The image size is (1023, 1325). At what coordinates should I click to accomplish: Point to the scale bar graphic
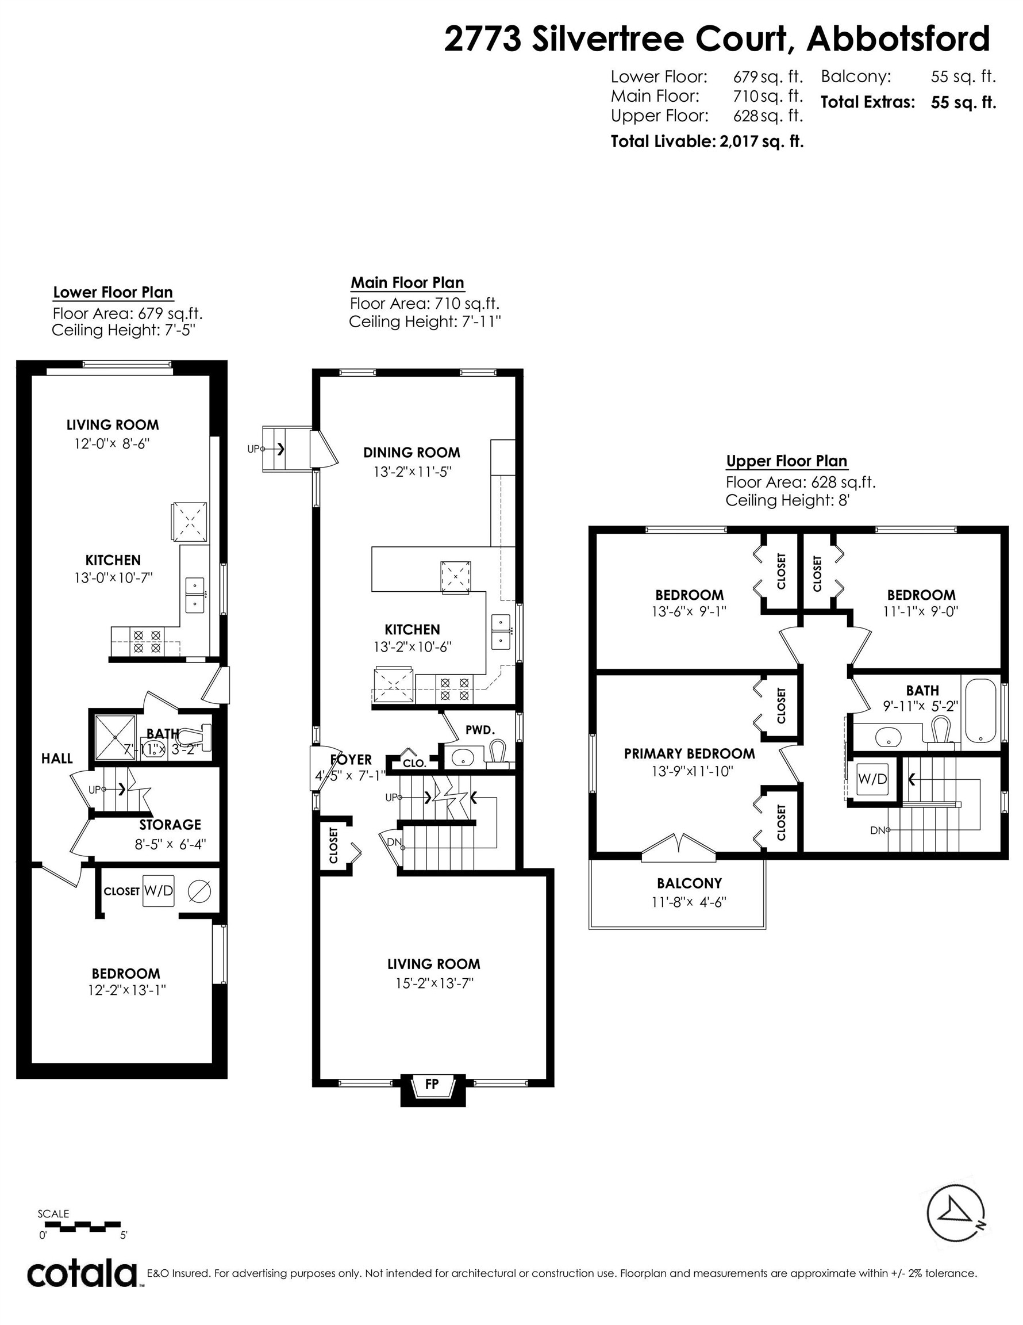pyautogui.click(x=82, y=1226)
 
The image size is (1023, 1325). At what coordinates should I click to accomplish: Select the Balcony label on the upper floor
pyautogui.click(x=690, y=883)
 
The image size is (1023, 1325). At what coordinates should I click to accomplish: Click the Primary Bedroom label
pyautogui.click(x=690, y=753)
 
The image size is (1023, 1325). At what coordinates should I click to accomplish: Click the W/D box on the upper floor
pyautogui.click(x=872, y=779)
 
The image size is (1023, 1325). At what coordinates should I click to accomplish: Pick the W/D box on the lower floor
pyautogui.click(x=158, y=891)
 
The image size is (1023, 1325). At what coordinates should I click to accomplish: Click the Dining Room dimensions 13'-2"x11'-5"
pyautogui.click(x=412, y=472)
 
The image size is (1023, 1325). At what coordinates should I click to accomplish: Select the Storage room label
pyautogui.click(x=170, y=825)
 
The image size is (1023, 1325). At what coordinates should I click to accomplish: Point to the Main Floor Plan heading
pyautogui.click(x=407, y=283)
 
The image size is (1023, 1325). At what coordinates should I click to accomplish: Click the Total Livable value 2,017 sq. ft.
pyautogui.click(x=761, y=141)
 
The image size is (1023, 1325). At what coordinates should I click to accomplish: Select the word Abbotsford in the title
pyautogui.click(x=898, y=40)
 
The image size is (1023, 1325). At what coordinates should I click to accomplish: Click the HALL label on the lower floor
pyautogui.click(x=57, y=759)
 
